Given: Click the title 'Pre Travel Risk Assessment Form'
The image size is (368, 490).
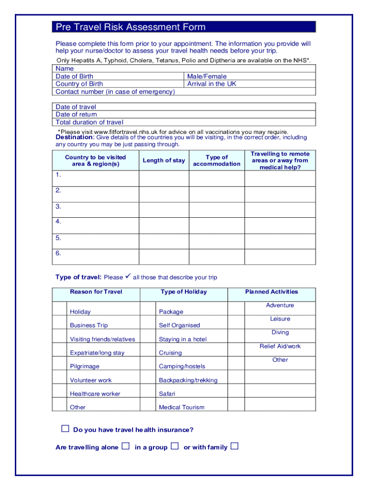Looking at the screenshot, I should (130, 27).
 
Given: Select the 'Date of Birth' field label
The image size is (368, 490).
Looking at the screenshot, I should (75, 76).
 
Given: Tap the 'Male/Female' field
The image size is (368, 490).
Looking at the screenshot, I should (207, 76).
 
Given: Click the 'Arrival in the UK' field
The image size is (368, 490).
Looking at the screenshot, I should (212, 84).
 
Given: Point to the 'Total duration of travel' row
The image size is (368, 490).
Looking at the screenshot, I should (89, 122).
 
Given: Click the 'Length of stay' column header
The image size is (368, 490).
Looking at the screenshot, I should (164, 160).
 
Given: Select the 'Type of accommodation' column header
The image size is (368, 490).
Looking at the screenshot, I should (216, 160).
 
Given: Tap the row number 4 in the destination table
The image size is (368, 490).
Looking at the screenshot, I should (58, 222).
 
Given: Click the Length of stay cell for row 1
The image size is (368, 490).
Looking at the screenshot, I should (164, 178).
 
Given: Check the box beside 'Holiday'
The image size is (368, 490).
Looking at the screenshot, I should (59, 308).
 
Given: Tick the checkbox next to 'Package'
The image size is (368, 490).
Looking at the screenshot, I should (148, 308).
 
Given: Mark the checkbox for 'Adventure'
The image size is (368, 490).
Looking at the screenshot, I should (236, 308).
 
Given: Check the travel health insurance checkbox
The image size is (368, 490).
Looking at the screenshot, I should (65, 429).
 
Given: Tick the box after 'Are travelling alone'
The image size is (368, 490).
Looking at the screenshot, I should (125, 446).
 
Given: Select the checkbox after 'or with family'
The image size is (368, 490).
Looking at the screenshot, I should (234, 446).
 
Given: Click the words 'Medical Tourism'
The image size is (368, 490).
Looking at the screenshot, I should (182, 407).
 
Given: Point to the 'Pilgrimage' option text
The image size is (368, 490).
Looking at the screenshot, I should (85, 366).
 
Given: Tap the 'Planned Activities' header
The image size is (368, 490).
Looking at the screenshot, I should (271, 291).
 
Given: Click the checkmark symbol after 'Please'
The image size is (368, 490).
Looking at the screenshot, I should (128, 277).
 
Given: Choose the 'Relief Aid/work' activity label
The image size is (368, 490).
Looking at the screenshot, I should (280, 346).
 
